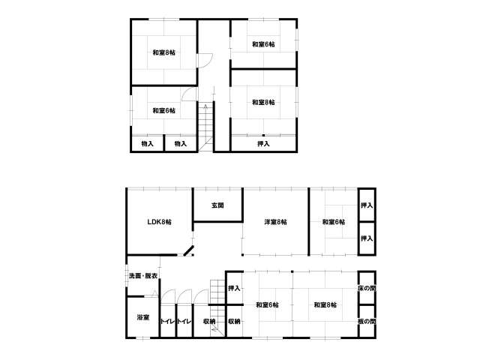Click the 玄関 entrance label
tap(217, 205)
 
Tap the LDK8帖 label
tap(159, 222)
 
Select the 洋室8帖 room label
tap(275, 222)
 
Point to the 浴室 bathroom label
tap(143, 317)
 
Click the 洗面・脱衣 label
tap(143, 276)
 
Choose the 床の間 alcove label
tap(367, 288)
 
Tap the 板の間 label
tap(367, 322)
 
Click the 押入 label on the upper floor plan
tap(263, 143)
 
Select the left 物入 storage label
tap(147, 143)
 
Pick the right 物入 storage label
tap(180, 143)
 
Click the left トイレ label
tap(168, 322)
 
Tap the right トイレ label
tap(184, 322)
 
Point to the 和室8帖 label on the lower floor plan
tap(325, 305)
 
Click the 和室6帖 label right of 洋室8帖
tap(334, 222)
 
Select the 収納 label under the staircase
tap(209, 322)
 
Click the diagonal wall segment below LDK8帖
tap(188, 250)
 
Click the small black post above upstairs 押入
tap(263, 135)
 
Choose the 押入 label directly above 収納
tap(234, 288)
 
